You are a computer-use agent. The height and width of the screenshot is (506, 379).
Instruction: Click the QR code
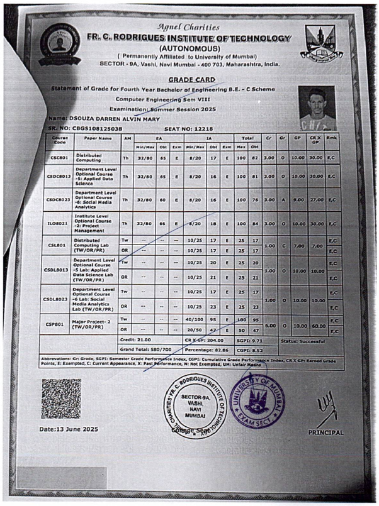point(61,398)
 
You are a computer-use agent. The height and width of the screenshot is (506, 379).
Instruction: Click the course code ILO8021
point(60,223)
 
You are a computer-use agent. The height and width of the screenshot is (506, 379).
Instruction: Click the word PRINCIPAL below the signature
point(325,432)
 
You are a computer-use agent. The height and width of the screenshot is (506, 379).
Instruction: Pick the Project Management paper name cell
point(96,223)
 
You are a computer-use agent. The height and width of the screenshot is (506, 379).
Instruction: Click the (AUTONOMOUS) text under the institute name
point(189,48)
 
